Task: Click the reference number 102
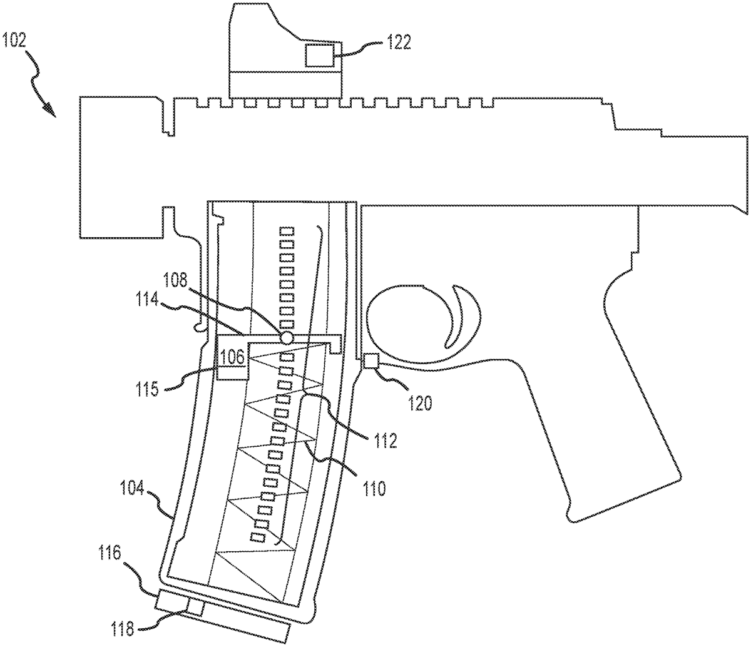pyautogui.click(x=14, y=40)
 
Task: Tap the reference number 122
pyautogui.click(x=398, y=43)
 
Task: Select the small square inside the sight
pyautogui.click(x=319, y=55)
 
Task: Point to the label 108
pyautogui.click(x=175, y=281)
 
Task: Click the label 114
pyautogui.click(x=147, y=300)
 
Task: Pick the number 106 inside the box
pyautogui.click(x=233, y=357)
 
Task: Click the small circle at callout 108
pyautogui.click(x=286, y=338)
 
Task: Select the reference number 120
pyautogui.click(x=420, y=404)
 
